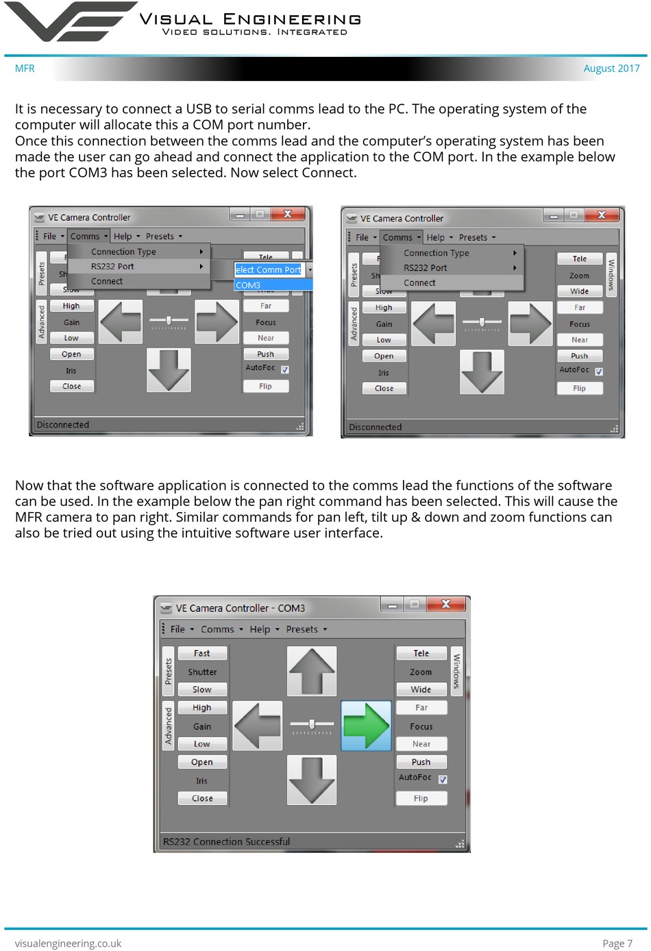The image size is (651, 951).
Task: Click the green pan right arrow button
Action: click(x=366, y=725)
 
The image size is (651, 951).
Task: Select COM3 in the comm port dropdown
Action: click(x=248, y=285)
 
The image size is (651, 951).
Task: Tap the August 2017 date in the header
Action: click(x=611, y=69)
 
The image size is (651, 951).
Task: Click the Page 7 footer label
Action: click(x=617, y=943)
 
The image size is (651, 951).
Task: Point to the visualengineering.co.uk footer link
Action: click(x=68, y=943)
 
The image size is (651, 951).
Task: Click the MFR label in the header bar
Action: click(x=25, y=69)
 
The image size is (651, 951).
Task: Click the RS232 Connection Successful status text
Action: click(x=226, y=841)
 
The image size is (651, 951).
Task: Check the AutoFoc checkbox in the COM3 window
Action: click(x=443, y=779)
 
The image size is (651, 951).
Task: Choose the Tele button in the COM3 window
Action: click(x=421, y=653)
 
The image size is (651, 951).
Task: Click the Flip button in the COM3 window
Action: click(x=421, y=798)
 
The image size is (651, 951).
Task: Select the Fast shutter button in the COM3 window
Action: click(x=201, y=653)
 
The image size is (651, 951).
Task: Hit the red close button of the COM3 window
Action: click(x=446, y=604)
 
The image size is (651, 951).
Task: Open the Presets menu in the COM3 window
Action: click(x=306, y=629)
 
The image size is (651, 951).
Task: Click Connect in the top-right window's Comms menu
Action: click(x=419, y=282)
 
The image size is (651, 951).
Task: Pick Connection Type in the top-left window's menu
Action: click(x=123, y=252)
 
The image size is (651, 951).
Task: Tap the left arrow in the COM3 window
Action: click(x=258, y=725)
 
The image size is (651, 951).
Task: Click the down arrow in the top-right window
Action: click(x=482, y=372)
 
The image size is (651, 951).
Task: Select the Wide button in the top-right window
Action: click(x=579, y=291)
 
